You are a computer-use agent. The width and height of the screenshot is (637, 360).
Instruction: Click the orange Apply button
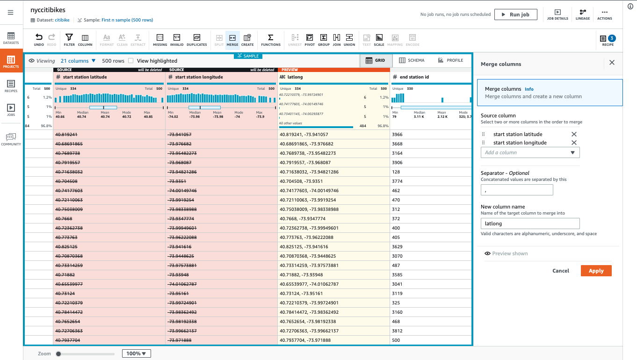[596, 271]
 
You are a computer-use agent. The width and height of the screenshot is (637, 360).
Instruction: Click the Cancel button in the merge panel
[560, 271]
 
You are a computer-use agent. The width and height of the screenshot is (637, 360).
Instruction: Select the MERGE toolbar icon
[232, 40]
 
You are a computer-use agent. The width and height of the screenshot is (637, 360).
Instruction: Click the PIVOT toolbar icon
[310, 40]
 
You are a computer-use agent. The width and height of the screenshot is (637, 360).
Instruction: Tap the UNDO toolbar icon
[39, 40]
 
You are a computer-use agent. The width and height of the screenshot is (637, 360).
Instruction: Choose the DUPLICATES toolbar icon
[196, 40]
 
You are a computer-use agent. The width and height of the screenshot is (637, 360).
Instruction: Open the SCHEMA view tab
[412, 60]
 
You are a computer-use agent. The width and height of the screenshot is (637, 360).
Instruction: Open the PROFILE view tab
[450, 60]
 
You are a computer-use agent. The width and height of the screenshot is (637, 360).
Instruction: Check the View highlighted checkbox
[131, 61]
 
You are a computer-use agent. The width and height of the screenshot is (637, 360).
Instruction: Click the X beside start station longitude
[574, 143]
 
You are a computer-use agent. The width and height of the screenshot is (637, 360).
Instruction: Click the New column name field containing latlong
[530, 223]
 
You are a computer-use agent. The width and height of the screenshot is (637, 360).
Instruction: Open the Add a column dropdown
[530, 152]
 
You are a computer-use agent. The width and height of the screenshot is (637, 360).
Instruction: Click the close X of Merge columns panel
[612, 63]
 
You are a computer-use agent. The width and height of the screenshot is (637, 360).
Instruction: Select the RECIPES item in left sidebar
[11, 86]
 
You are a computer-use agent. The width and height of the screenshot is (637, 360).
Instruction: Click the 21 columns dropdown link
[78, 61]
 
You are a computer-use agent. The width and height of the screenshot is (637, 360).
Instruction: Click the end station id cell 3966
[397, 135]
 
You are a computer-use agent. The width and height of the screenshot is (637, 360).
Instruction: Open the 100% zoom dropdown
[136, 353]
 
